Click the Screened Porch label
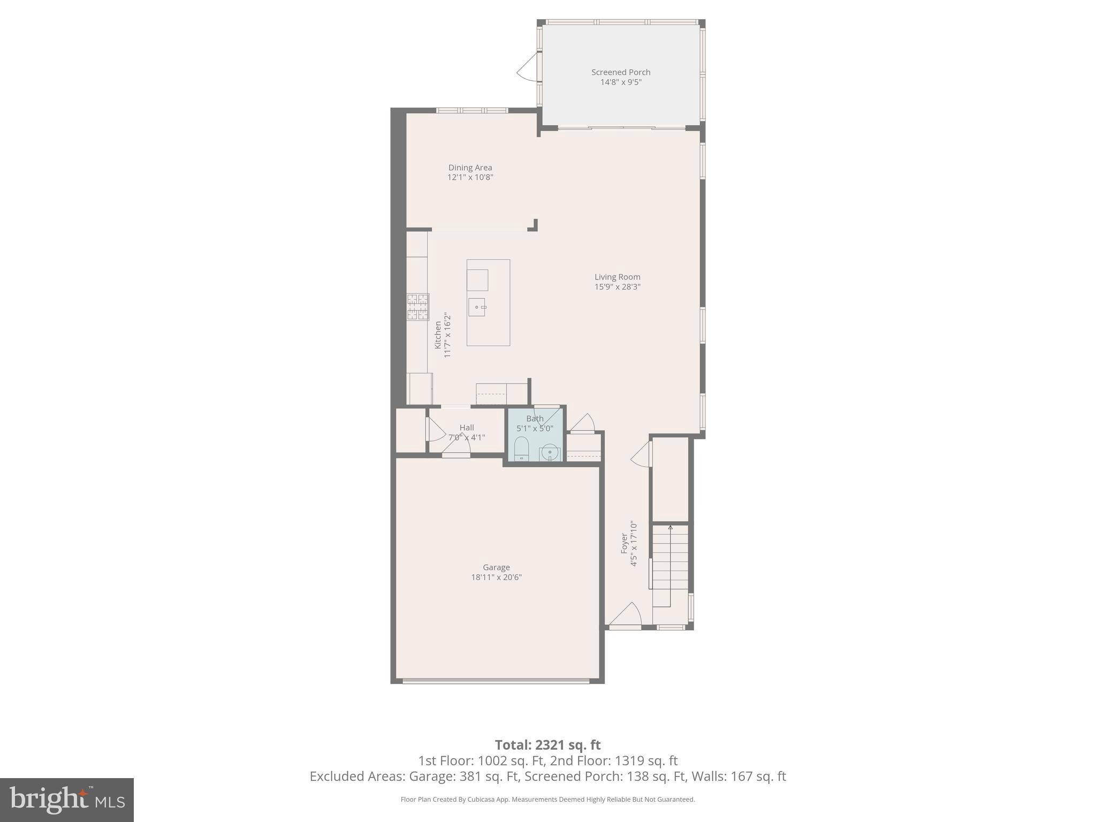[621, 72]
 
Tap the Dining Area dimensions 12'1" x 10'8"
[470, 178]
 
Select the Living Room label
[617, 277]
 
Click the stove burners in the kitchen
[418, 307]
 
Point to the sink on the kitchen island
[477, 307]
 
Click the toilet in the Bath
[521, 448]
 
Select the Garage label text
[496, 567]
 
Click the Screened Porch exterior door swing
[527, 67]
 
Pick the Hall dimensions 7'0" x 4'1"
[467, 437]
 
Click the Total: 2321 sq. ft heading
[547, 745]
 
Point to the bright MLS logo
[67, 800]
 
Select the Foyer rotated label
[624, 543]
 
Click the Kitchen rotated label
[438, 335]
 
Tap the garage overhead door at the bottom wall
[496, 681]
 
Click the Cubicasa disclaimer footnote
[547, 800]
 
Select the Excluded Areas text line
[547, 777]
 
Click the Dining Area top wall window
[472, 110]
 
